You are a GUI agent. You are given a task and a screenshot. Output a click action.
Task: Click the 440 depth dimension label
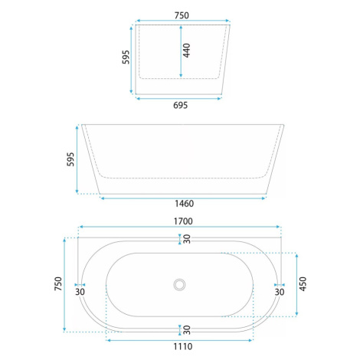pos(187,51)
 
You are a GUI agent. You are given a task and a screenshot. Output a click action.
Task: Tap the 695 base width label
pos(180,105)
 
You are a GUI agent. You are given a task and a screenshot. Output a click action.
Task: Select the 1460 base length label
pos(184,204)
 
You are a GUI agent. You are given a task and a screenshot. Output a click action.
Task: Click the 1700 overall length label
pos(183,221)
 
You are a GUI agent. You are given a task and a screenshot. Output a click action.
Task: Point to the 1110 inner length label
pos(183,346)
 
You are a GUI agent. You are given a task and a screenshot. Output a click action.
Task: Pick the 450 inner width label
pos(303,283)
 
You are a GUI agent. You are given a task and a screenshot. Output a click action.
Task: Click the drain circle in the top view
pos(179,284)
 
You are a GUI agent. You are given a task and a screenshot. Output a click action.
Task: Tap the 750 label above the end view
pos(182,15)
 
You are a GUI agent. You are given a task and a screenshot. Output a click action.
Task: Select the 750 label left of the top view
pos(58,283)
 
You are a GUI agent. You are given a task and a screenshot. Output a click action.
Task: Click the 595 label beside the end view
pos(126,57)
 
